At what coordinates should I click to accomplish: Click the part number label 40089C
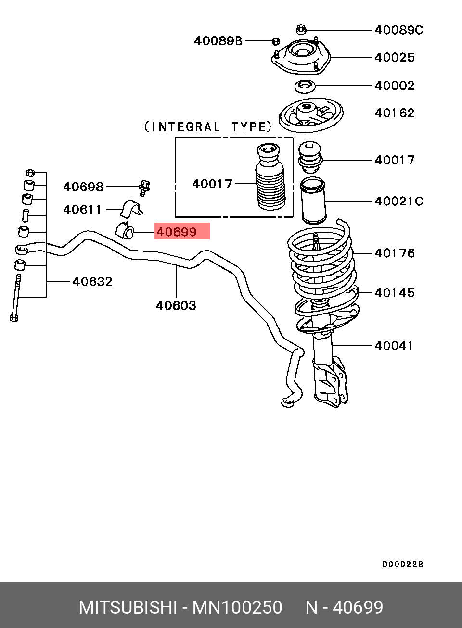click(x=398, y=30)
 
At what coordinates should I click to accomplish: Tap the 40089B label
click(x=218, y=41)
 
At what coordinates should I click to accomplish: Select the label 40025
click(x=395, y=58)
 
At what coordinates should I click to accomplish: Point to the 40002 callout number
click(x=395, y=86)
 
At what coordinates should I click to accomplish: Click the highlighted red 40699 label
click(x=177, y=232)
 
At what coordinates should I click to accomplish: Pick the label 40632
click(x=92, y=281)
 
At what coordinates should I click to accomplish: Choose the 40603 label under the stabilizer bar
click(x=176, y=305)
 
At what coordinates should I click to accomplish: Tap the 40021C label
click(x=398, y=201)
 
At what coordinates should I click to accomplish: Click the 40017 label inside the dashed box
click(x=212, y=184)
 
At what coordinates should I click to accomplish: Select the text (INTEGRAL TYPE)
click(x=208, y=127)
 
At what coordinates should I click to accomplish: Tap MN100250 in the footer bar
click(x=237, y=607)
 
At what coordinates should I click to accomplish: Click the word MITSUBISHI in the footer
click(x=128, y=607)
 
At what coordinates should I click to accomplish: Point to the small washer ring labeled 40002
click(x=305, y=87)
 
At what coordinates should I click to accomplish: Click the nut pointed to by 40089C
click(x=301, y=29)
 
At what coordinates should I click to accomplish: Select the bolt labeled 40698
click(x=144, y=188)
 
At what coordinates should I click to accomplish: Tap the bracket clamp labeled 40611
click(x=131, y=209)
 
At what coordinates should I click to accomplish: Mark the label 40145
click(x=395, y=293)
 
